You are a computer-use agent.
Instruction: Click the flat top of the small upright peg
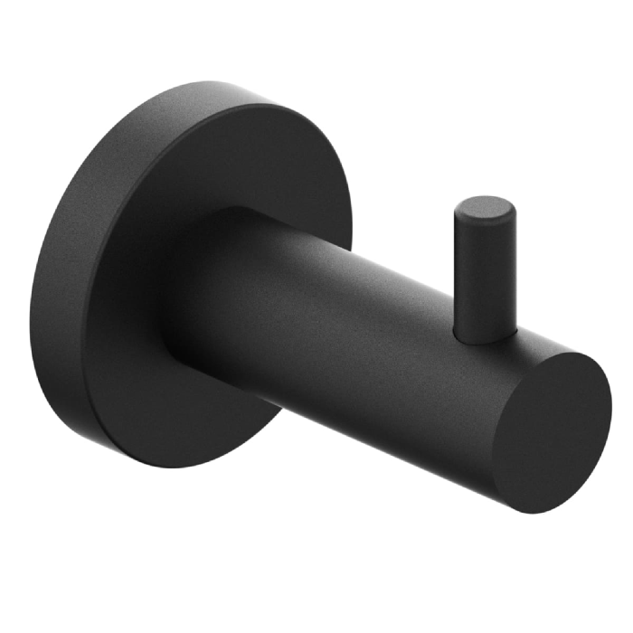[487, 208]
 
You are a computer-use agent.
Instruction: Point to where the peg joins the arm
[486, 336]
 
